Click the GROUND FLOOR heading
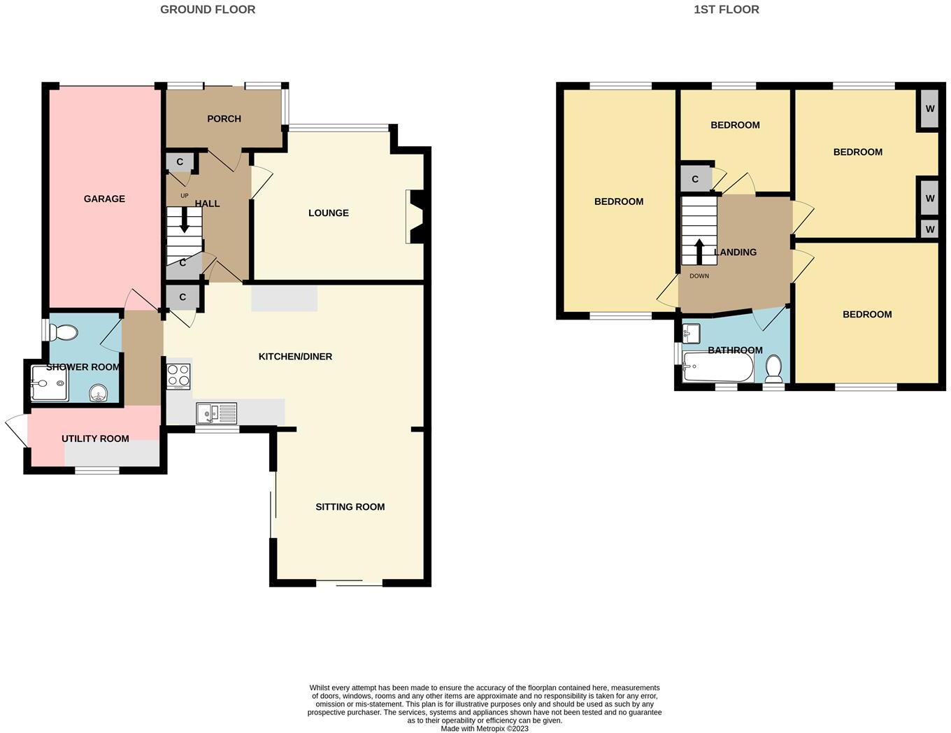pos(208,10)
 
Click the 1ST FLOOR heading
pos(726,10)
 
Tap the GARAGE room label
pos(104,199)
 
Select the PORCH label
pos(224,119)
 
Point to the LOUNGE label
pos(328,213)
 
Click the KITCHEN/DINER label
pos(295,357)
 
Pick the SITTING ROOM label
pos(350,507)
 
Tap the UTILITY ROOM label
pos(95,439)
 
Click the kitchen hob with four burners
pos(178,377)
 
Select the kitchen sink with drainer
pos(217,413)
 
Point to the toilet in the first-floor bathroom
pos(773,368)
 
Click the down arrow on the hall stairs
pos(185,223)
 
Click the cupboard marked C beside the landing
pos(694,179)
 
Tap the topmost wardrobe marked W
pos(929,109)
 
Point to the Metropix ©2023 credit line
pos(484,729)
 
